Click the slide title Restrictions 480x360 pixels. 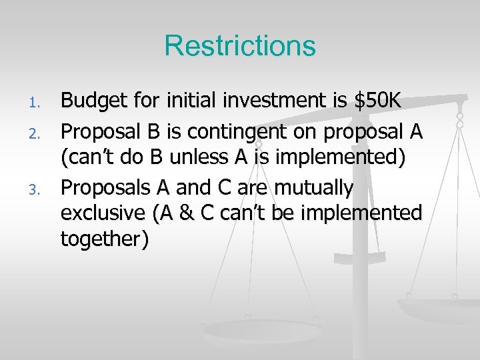[240, 46]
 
